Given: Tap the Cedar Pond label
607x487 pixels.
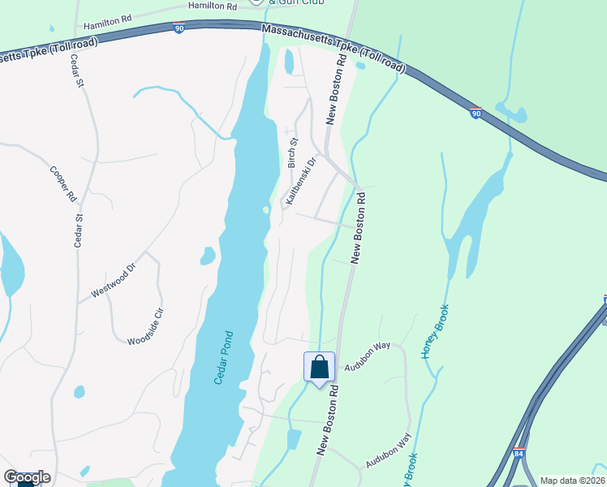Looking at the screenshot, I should tap(224, 357).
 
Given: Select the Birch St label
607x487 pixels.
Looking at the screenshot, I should tap(292, 152).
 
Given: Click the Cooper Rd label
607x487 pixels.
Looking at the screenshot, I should tap(62, 184).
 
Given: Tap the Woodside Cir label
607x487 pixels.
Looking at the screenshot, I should tap(146, 326).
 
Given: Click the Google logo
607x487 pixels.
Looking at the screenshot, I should tap(27, 476).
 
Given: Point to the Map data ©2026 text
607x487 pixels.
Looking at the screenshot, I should tap(572, 481).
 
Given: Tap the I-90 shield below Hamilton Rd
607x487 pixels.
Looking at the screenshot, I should tap(179, 28).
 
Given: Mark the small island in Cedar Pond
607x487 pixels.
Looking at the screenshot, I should tap(266, 209).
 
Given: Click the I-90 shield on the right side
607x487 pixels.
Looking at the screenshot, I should tap(477, 113).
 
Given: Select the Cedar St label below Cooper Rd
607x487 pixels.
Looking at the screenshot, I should tap(79, 229).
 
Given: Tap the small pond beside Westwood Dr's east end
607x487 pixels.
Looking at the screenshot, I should tap(208, 256).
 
